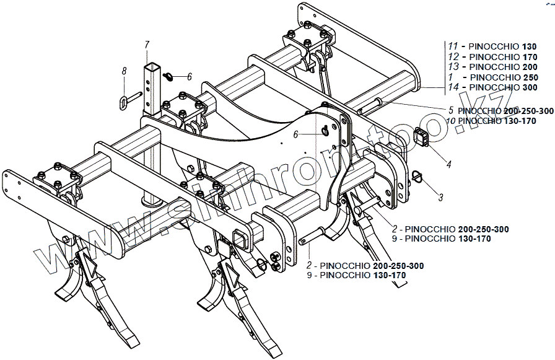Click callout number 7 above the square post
coord(147,44)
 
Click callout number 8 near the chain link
coord(124,72)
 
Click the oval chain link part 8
coord(123,99)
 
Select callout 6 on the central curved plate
coord(297,134)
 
